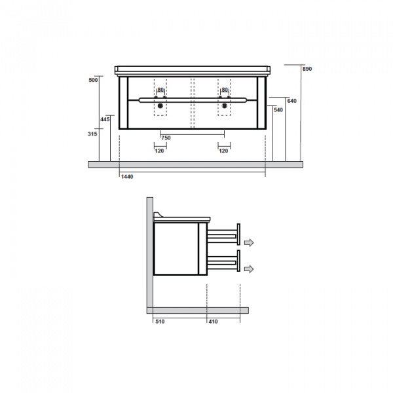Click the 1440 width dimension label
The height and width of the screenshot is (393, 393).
(x=127, y=177)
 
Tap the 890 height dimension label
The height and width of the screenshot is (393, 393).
(x=307, y=69)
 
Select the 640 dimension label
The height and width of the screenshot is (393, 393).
(x=291, y=101)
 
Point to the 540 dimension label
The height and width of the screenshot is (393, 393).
(x=278, y=110)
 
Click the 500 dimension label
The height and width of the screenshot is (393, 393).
(x=93, y=80)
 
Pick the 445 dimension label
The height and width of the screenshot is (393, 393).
(x=105, y=120)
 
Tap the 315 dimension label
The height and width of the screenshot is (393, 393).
(x=92, y=134)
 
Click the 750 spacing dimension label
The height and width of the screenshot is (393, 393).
(x=166, y=138)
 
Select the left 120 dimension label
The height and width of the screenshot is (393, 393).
(x=159, y=151)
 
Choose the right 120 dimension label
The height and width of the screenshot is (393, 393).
(x=223, y=151)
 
